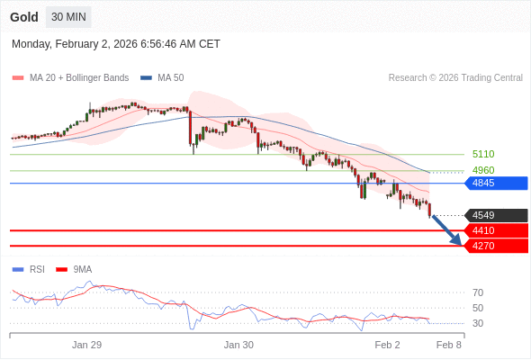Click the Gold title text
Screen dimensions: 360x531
tap(24, 17)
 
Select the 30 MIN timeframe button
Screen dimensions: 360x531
tap(68, 17)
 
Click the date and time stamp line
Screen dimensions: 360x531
tap(116, 44)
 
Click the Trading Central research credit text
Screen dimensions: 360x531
tap(455, 78)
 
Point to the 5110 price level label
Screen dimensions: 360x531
tap(483, 154)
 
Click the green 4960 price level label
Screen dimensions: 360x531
tap(483, 170)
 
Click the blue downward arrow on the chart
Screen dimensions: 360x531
tap(447, 230)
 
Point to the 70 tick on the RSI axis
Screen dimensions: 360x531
tap(478, 292)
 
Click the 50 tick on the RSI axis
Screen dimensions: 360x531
tap(478, 308)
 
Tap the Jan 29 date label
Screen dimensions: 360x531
tap(87, 345)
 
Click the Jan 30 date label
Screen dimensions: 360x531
tap(238, 345)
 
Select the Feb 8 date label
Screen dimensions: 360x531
tap(449, 345)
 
